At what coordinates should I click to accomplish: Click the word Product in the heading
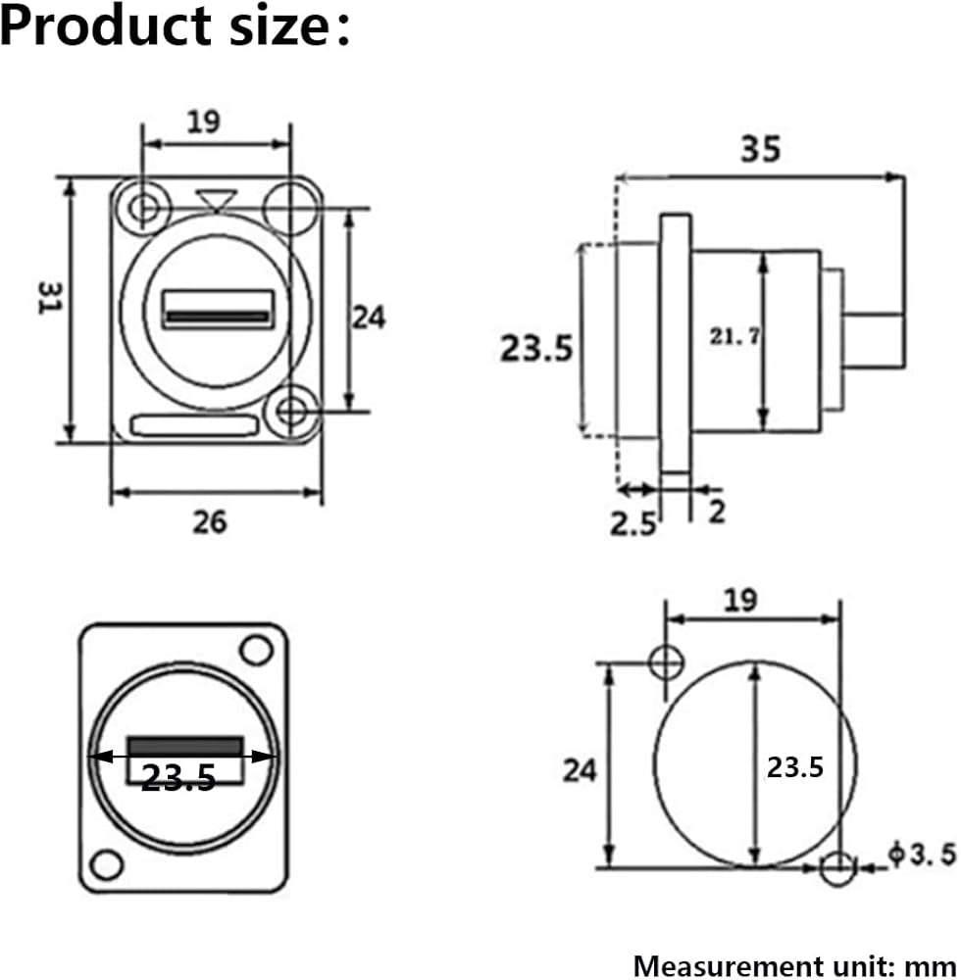(106, 25)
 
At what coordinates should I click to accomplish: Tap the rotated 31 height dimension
(50, 298)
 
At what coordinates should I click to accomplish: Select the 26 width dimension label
(210, 522)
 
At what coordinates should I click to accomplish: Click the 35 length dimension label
(760, 149)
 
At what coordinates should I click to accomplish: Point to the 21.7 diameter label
(734, 336)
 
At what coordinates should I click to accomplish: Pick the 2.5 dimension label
(632, 523)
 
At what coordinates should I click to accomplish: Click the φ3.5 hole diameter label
(922, 855)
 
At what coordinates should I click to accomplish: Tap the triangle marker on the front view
(216, 201)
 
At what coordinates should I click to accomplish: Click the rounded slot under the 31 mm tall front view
(194, 425)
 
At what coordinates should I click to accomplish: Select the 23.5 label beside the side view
(536, 348)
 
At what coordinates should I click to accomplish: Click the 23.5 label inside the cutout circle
(794, 767)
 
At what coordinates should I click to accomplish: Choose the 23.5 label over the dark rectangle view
(178, 777)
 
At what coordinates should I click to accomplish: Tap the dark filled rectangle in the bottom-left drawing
(185, 746)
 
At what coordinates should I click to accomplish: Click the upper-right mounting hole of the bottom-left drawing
(256, 650)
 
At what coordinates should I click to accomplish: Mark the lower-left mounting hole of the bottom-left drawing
(106, 865)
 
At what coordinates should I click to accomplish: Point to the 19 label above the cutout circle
(741, 600)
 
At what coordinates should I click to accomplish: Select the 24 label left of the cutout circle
(579, 770)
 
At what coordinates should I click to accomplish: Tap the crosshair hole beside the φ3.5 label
(837, 867)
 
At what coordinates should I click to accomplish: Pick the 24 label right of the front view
(369, 318)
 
